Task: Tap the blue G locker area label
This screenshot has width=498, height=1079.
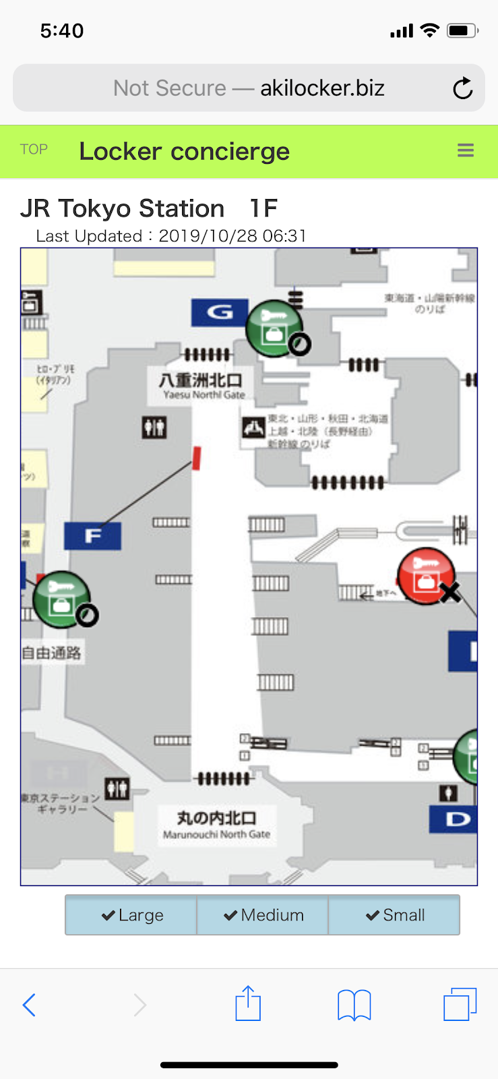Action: (220, 312)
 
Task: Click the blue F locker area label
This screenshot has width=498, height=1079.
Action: (93, 536)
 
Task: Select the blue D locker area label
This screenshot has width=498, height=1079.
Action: (457, 819)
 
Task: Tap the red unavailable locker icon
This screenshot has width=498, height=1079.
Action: (426, 575)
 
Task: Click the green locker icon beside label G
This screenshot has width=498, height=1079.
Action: (273, 328)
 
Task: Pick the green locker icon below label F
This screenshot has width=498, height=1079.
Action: (61, 599)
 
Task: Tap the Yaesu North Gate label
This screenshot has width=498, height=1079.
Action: (201, 386)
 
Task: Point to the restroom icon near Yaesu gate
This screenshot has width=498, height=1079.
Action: (154, 427)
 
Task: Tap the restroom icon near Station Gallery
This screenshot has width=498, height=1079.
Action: (117, 788)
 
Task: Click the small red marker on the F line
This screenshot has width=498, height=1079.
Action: (197, 458)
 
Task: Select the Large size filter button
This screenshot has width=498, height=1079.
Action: (131, 915)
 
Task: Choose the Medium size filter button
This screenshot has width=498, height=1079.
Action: (263, 915)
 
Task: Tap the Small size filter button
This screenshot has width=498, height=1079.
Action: (394, 915)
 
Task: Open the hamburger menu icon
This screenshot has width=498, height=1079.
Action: (466, 150)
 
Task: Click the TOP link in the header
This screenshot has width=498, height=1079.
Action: (34, 150)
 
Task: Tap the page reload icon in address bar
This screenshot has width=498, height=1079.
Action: (462, 88)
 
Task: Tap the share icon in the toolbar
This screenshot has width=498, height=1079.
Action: (248, 1003)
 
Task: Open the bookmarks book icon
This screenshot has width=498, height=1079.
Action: (354, 1005)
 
